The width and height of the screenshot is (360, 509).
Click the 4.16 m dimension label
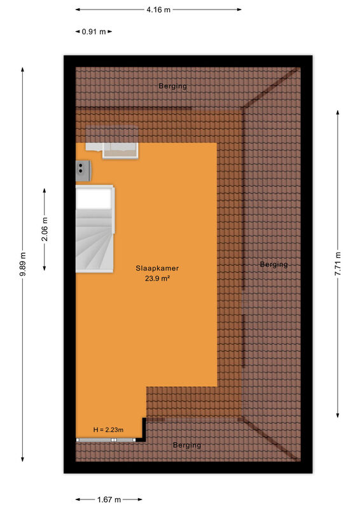pos(158,10)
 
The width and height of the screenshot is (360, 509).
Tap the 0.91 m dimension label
pos(93,32)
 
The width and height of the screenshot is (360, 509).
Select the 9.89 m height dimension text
pos(23,264)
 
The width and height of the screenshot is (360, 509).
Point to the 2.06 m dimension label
pos(45,229)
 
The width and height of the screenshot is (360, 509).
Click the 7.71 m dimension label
pos(338,264)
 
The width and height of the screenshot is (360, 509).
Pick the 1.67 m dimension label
pos(109,499)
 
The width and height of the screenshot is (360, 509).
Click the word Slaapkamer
pos(157,268)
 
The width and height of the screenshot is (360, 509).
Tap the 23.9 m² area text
pos(158,278)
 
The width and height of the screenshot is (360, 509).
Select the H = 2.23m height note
pos(108,430)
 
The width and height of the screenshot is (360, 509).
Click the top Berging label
pos(173,86)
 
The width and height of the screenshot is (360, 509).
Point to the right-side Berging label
pos(273,265)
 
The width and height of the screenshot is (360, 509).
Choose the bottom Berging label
pos(186,445)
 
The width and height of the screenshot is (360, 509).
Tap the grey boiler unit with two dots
pos(83,171)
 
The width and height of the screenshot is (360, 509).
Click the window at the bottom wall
pos(106,440)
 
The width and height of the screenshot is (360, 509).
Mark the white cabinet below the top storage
pos(113,151)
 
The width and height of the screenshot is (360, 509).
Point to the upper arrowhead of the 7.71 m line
pos(338,113)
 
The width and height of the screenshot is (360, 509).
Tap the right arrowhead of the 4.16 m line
pos(239,10)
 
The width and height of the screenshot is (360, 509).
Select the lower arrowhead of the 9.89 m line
pos(23,459)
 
